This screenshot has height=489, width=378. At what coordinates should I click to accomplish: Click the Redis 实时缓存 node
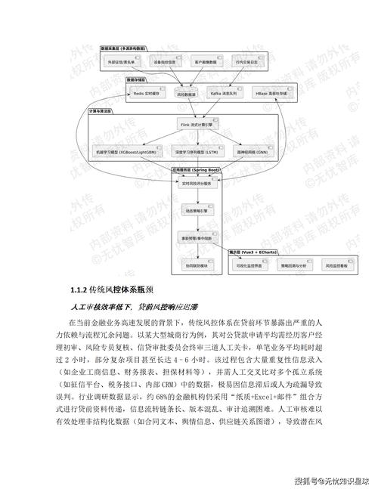point(145,94)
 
